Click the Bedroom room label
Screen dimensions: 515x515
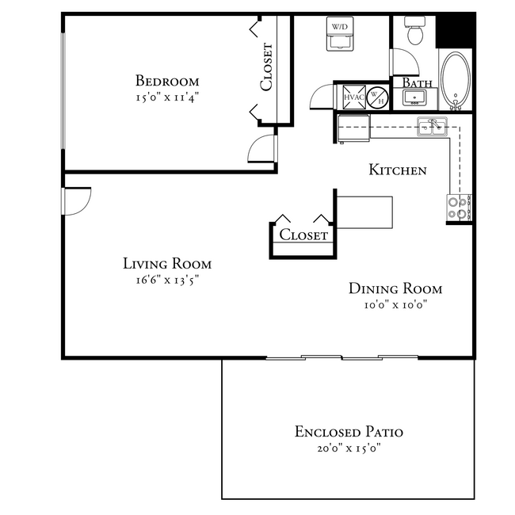click(166, 81)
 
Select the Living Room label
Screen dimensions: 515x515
click(167, 264)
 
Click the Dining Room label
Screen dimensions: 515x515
click(395, 289)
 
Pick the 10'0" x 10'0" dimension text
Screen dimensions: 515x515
click(395, 305)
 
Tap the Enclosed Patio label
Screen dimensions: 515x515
click(349, 432)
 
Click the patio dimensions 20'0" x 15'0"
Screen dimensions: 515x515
click(349, 448)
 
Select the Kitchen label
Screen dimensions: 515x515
click(398, 170)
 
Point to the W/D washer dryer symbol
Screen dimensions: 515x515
click(340, 33)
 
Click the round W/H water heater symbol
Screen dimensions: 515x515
click(378, 97)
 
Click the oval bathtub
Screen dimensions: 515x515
click(456, 80)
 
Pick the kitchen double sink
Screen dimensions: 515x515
click(433, 126)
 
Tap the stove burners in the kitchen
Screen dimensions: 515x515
click(459, 208)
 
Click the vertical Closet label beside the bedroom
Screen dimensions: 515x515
click(267, 67)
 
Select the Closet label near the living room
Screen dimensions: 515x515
click(303, 235)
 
